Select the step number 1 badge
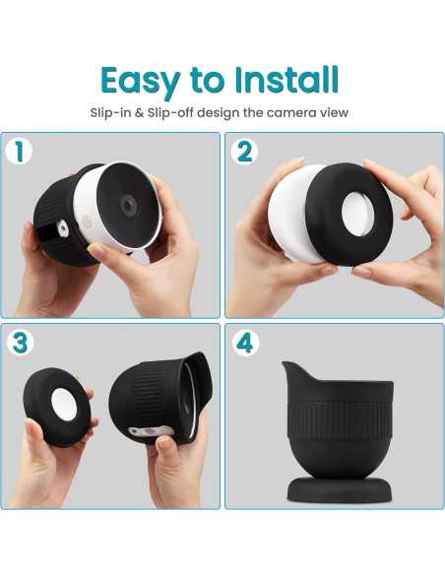[x=17, y=151]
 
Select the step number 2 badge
[x=242, y=151]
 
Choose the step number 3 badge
[x=17, y=342]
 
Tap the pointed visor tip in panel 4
[x=286, y=367]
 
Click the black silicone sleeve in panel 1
[x=51, y=207]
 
